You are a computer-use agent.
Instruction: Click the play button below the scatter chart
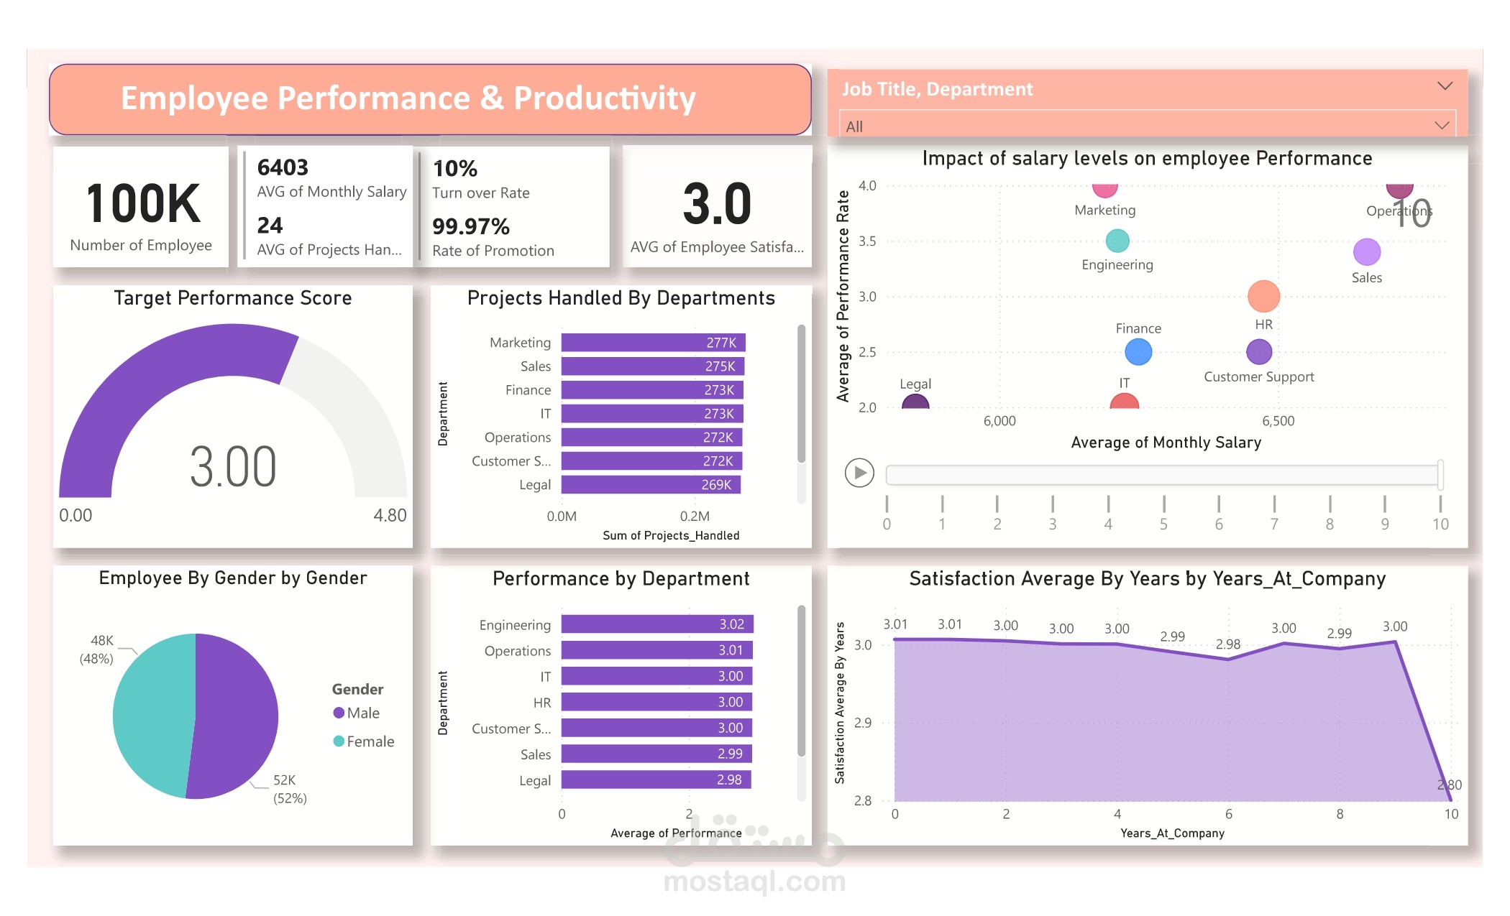coord(859,473)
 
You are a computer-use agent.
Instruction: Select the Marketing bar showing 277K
coord(652,343)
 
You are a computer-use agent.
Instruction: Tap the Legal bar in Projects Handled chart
coord(650,485)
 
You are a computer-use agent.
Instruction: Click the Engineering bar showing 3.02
coord(656,624)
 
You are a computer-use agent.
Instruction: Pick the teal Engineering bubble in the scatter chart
coord(1117,241)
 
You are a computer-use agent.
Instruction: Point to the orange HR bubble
coord(1263,296)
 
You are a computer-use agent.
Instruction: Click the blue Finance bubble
coord(1138,352)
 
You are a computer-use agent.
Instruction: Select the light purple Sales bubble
coord(1366,252)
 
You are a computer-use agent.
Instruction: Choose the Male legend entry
coord(357,713)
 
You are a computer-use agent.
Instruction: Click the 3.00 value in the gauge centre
coord(233,467)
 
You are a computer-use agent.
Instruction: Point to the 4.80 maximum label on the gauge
coord(390,515)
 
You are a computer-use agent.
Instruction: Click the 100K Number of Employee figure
coord(142,204)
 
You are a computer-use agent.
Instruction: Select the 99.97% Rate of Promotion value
coord(471,227)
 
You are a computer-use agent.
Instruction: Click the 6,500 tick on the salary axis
coord(1278,421)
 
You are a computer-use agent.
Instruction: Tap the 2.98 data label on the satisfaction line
coord(1227,644)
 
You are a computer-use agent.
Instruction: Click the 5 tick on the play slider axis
coord(1163,524)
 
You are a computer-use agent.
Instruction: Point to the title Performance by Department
coord(621,578)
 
